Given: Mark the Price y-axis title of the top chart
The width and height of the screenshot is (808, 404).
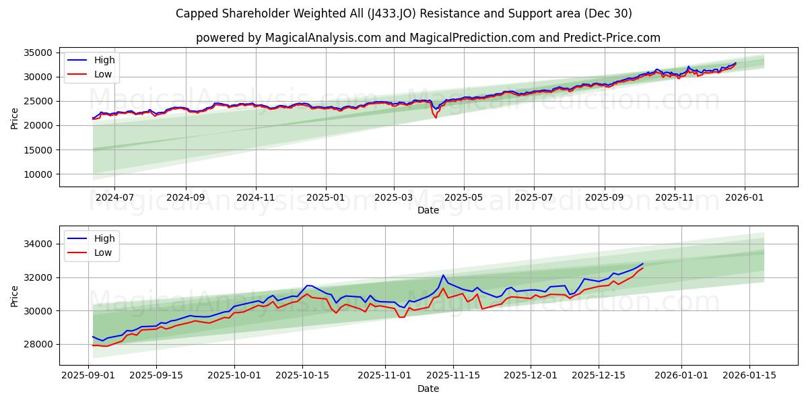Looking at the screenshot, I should point(15,117).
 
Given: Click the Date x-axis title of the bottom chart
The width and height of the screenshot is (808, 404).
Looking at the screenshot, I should point(428,389).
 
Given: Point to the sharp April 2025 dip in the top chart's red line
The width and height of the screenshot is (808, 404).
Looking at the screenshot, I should point(435,117).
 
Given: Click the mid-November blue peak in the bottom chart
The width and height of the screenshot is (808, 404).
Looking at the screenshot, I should point(443,275).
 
